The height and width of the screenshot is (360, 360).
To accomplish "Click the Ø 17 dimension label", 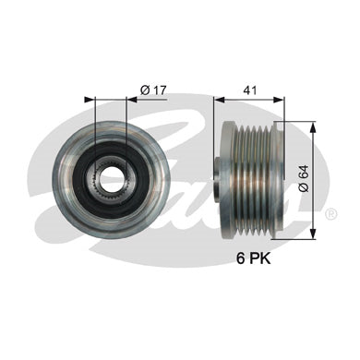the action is (153, 90).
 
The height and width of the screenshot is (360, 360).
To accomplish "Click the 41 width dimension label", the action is (249, 90).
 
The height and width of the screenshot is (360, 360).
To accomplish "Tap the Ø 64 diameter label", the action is (304, 178).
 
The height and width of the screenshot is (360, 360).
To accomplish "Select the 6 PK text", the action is (253, 258).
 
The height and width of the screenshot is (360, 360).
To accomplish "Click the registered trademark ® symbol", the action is (331, 213).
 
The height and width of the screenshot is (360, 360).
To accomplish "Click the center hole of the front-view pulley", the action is (111, 178).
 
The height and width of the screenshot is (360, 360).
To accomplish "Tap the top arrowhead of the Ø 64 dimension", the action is (313, 127).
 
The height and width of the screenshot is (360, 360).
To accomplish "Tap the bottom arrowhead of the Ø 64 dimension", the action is (313, 233).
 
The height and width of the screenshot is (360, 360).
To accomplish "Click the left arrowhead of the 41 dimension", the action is (219, 100).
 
